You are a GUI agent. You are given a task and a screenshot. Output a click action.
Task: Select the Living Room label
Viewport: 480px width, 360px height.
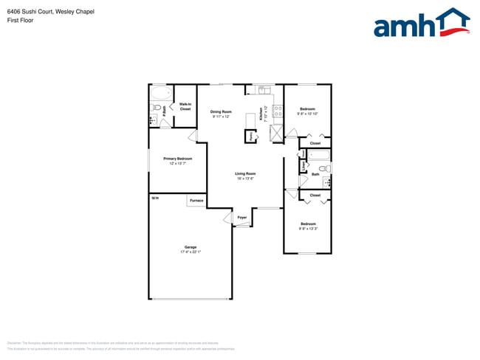pyautogui.click(x=245, y=173)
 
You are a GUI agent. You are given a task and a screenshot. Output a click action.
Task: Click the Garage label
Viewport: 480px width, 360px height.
pyautogui.click(x=191, y=247)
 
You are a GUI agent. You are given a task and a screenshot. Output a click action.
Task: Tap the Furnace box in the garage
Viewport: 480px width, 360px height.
pyautogui.click(x=196, y=201)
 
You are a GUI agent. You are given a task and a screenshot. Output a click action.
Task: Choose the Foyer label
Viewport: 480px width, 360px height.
pyautogui.click(x=242, y=218)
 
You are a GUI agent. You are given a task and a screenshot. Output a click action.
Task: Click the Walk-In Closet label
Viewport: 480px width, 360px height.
pyautogui.click(x=185, y=106)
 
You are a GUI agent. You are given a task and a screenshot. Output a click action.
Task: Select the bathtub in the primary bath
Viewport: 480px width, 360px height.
pyautogui.click(x=160, y=94)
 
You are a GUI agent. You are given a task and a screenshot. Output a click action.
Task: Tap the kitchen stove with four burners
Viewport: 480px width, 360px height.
pyautogui.click(x=278, y=112)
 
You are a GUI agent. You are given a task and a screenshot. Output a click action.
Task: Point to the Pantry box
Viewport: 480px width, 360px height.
pyautogui.click(x=251, y=136)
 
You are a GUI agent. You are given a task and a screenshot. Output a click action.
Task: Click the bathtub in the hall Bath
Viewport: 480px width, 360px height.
pyautogui.click(x=318, y=156)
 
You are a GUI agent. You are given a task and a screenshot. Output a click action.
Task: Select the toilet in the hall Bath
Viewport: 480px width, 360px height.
pyautogui.click(x=326, y=168)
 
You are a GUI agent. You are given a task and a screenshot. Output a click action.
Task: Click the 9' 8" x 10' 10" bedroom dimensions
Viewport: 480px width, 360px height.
pyautogui.click(x=307, y=114)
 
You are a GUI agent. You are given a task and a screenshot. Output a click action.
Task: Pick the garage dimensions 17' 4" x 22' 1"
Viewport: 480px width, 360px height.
pyautogui.click(x=191, y=252)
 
